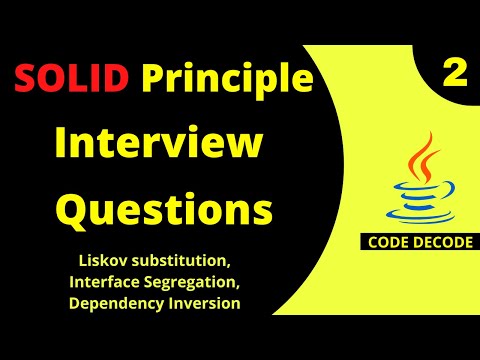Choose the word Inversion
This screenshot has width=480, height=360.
point(205,303)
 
